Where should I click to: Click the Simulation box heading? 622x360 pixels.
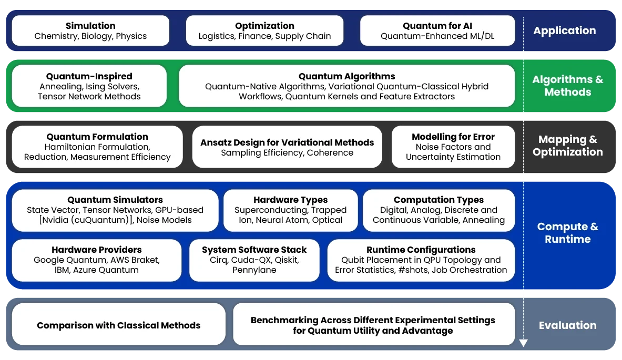coord(90,26)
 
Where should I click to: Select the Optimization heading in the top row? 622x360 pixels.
coord(264,26)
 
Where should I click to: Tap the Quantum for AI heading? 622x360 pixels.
coord(437,26)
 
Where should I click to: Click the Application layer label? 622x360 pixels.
coord(565,30)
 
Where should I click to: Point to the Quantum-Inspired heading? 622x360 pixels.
coord(89,76)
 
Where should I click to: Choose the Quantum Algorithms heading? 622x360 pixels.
coord(346,76)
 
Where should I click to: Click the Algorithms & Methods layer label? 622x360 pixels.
coord(568,86)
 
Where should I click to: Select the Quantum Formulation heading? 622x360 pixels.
coord(97,137)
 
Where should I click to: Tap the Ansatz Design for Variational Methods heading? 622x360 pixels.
coord(287,142)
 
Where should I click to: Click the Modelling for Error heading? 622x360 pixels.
coord(453,137)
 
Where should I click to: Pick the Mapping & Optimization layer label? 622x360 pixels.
coord(568,146)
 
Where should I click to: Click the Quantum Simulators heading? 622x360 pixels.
coord(115,200)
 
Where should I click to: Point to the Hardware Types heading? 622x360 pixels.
coord(290,200)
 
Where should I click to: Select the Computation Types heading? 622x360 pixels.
coord(439,200)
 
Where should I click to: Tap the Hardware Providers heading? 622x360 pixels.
coord(97,250)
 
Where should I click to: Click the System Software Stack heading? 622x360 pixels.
coord(254,250)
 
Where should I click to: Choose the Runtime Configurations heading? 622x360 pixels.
coord(421,250)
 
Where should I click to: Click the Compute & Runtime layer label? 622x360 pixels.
coord(568,233)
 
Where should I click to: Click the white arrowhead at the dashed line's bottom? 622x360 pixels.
coord(523,343)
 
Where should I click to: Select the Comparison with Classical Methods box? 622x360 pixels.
coord(119,324)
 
